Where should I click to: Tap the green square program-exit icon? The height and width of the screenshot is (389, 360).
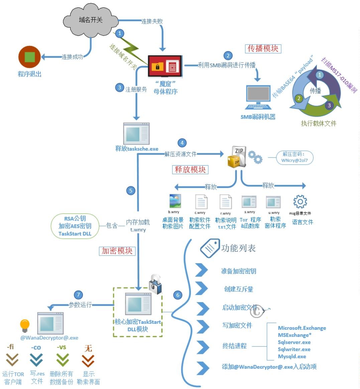[29, 57]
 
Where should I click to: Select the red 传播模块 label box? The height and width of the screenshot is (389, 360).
[263, 48]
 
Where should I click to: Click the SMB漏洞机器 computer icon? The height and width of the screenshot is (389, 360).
[258, 97]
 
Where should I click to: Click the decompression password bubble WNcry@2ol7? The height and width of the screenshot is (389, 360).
[294, 157]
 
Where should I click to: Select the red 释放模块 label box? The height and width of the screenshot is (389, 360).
[190, 170]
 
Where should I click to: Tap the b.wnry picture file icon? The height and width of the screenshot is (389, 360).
[175, 201]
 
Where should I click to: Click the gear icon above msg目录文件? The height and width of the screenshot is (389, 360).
[300, 202]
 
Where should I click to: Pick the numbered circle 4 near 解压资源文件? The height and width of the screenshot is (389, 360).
[182, 143]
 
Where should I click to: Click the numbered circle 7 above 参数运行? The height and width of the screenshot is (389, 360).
[78, 295]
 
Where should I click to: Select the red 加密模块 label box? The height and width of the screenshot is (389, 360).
[117, 251]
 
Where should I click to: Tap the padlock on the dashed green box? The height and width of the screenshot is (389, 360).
[155, 284]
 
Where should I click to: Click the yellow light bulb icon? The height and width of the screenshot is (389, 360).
[25, 324]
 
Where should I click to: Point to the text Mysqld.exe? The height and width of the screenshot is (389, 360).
[292, 357]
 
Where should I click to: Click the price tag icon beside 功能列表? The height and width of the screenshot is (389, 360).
[210, 248]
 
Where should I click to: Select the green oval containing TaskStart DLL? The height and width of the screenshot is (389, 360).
[75, 226]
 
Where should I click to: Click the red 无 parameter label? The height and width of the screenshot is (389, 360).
[88, 349]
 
